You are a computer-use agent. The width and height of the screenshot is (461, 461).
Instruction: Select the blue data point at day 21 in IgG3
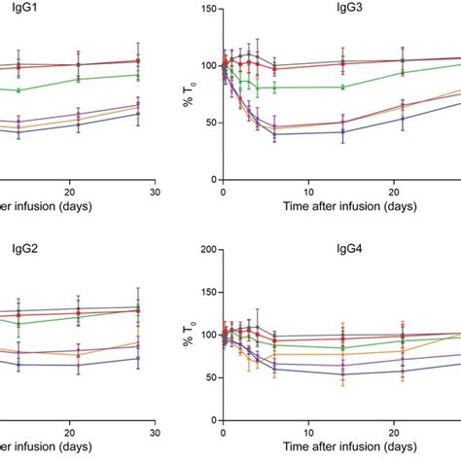(402, 118)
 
